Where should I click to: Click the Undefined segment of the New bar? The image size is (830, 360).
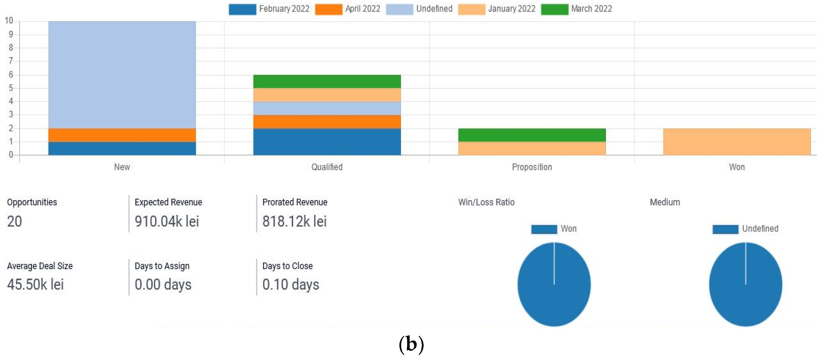(x=122, y=75)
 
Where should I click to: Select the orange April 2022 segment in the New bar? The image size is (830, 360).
(x=122, y=135)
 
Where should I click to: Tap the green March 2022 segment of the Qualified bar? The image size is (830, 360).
(x=327, y=81)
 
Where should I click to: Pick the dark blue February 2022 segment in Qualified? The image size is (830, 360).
(x=327, y=142)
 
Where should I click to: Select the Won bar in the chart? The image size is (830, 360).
(x=737, y=142)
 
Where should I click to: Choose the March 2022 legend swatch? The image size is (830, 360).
(x=554, y=9)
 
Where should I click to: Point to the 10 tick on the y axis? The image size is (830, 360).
(x=9, y=21)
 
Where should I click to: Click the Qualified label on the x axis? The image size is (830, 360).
(x=327, y=167)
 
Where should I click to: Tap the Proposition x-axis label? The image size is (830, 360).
(x=532, y=167)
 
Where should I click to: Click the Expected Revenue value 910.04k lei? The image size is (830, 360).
(x=167, y=221)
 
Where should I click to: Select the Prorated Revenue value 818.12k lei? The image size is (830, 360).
(x=294, y=221)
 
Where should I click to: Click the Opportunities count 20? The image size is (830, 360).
(x=14, y=221)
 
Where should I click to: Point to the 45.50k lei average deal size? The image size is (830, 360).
(x=35, y=284)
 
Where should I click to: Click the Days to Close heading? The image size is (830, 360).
(x=287, y=266)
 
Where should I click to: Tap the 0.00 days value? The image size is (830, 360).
(x=163, y=284)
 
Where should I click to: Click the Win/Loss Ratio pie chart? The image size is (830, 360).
(x=554, y=284)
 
